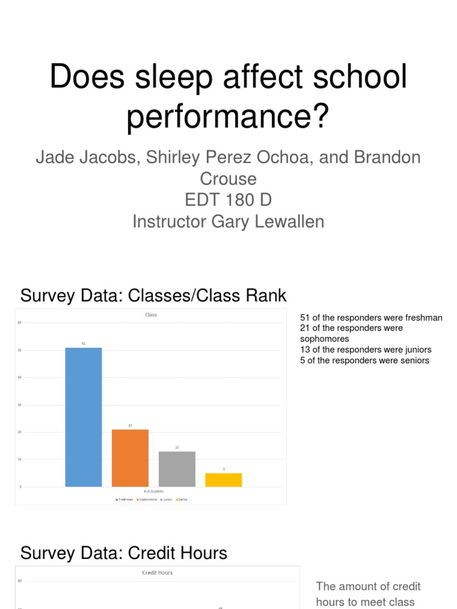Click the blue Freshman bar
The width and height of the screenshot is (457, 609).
click(x=83, y=416)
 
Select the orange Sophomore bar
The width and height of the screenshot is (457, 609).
click(x=130, y=457)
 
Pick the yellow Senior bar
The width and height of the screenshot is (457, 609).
click(x=224, y=479)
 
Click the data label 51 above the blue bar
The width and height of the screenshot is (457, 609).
click(x=83, y=343)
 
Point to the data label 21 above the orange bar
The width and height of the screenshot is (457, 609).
click(x=130, y=425)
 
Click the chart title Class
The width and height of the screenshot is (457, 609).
click(x=151, y=315)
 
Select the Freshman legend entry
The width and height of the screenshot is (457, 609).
click(x=124, y=500)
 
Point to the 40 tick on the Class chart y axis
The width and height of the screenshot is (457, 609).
click(x=20, y=377)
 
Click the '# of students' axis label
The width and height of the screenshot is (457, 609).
click(x=153, y=492)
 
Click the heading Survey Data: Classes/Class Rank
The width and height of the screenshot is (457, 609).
click(x=154, y=295)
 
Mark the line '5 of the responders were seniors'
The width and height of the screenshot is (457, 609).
click(x=365, y=360)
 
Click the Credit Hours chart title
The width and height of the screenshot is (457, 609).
click(x=157, y=573)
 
